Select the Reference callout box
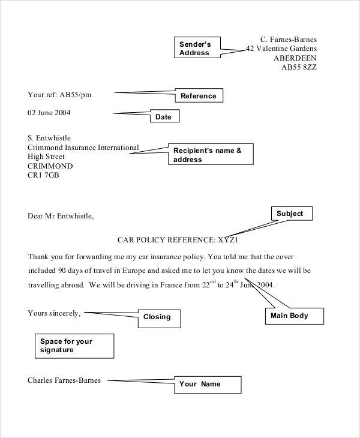click(198, 96)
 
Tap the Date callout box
click(164, 117)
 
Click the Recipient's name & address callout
click(211, 155)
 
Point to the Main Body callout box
click(294, 316)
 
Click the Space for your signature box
click(74, 346)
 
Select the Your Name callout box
click(207, 385)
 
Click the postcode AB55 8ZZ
click(299, 68)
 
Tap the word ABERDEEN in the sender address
click(295, 58)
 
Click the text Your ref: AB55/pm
click(60, 94)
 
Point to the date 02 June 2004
click(53, 113)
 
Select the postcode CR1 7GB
click(43, 176)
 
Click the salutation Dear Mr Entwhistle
click(61, 216)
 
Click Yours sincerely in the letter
click(54, 313)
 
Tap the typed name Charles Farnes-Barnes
click(64, 380)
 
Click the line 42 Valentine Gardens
click(281, 49)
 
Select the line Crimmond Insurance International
click(83, 147)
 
